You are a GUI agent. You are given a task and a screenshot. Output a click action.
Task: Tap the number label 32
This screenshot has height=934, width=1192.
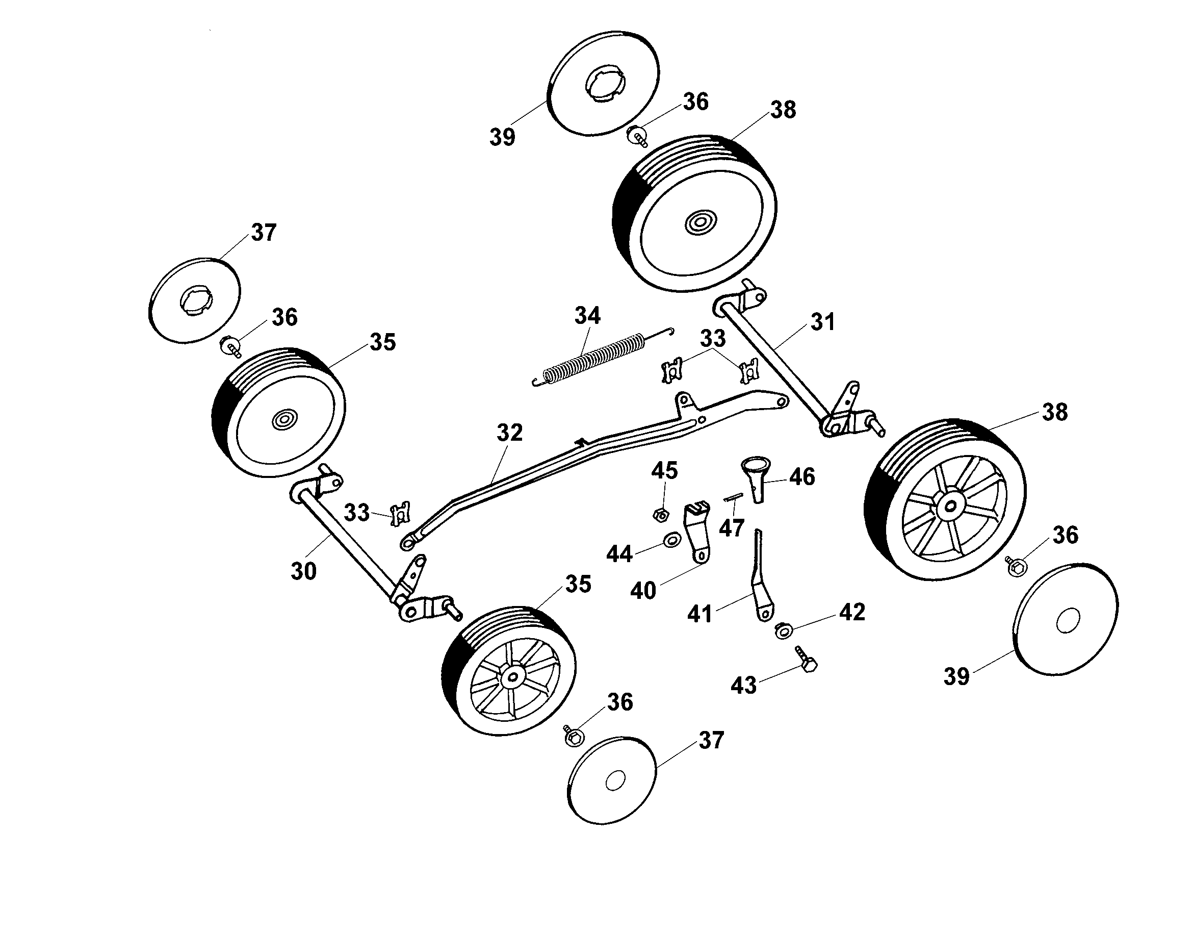[509, 433]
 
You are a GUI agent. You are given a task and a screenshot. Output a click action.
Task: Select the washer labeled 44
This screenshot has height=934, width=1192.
[671, 541]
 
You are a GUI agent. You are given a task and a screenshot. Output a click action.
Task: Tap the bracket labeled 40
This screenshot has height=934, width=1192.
[696, 531]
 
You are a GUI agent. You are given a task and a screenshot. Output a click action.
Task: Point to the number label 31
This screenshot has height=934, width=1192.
[822, 322]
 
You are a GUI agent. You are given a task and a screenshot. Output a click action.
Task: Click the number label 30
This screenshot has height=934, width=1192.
[303, 571]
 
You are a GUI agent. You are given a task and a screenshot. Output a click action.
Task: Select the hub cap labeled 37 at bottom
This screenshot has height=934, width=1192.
[612, 780]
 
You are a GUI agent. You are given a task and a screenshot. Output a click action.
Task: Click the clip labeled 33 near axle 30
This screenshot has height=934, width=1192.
[400, 514]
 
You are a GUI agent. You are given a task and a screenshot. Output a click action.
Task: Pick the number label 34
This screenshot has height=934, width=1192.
[587, 316]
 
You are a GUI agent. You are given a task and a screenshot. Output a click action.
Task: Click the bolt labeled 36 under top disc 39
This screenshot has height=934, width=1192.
[637, 135]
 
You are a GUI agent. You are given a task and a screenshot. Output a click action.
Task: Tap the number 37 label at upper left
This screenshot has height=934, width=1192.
[264, 233]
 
